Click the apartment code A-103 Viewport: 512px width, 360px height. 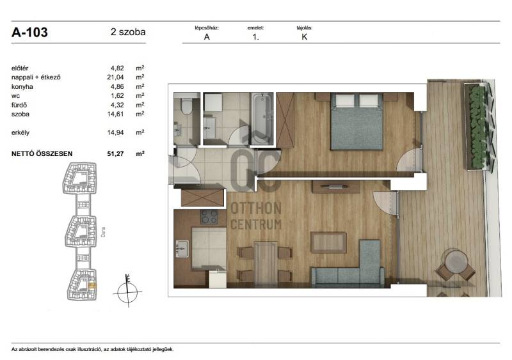coord(29,33)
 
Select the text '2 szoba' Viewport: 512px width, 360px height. coord(128,32)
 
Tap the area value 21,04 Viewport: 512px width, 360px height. coord(116,77)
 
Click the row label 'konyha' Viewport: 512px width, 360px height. coord(22,87)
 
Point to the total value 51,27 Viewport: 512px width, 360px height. coord(116,153)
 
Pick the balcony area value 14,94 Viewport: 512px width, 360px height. coord(116,132)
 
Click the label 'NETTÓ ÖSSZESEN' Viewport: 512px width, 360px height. coord(42,153)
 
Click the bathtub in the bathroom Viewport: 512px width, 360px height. coord(262,118)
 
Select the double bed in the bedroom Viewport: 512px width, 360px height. coord(356,121)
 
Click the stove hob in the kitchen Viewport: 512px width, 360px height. coord(209,217)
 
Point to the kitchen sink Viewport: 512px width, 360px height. coord(182,249)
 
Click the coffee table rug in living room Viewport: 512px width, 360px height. coord(328,242)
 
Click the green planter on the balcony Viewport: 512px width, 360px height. coord(477,127)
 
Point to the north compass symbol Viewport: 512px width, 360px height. coord(127,292)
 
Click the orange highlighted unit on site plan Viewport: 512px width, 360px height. coord(92,286)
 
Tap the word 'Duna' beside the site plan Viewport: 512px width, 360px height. coord(103,231)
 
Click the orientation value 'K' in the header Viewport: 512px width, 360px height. coord(305,37)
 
